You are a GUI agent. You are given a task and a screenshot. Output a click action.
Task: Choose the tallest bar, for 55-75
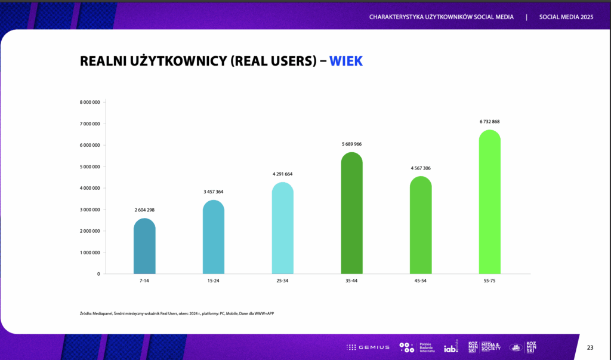[490, 202]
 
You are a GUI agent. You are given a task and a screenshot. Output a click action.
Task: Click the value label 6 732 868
[489, 122]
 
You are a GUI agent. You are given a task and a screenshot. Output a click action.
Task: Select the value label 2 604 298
[144, 210]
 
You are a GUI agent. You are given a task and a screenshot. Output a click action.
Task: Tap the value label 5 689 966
[351, 144]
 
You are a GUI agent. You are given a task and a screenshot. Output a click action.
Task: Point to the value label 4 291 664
[282, 174]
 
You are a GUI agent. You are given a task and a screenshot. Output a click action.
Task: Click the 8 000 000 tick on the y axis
[90, 102]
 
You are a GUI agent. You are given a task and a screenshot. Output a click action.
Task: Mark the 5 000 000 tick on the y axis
[90, 167]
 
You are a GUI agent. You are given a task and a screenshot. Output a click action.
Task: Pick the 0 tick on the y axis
[98, 274]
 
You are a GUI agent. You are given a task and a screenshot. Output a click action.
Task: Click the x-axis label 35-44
[351, 281]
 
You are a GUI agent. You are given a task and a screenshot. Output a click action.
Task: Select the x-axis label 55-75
[489, 281]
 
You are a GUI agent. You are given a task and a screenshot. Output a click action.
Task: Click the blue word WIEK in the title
[345, 61]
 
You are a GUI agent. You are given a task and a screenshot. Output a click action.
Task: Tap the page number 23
[590, 347]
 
